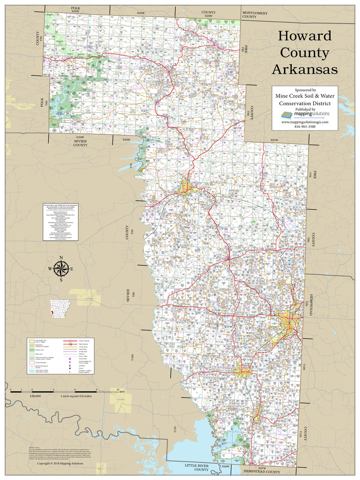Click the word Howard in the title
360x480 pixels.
coord(304,36)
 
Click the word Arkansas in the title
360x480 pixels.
coord(304,69)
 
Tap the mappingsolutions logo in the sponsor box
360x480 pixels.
coord(305,114)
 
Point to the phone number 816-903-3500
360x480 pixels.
coord(305,127)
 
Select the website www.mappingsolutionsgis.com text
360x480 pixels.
coord(305,122)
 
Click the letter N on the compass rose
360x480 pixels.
coord(61,257)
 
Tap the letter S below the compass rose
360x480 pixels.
coord(61,280)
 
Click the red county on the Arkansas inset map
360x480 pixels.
coord(53,312)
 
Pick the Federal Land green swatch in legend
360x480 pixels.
coord(32,350)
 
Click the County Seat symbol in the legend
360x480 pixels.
coord(70,359)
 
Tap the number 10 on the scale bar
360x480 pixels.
coord(118,390)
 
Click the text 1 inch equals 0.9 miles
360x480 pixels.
coord(76,396)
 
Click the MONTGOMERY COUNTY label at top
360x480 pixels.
coord(255,15)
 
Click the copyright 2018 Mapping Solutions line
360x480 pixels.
coord(60,463)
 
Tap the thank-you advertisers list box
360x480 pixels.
coord(60,222)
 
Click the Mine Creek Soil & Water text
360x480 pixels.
coord(305,96)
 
